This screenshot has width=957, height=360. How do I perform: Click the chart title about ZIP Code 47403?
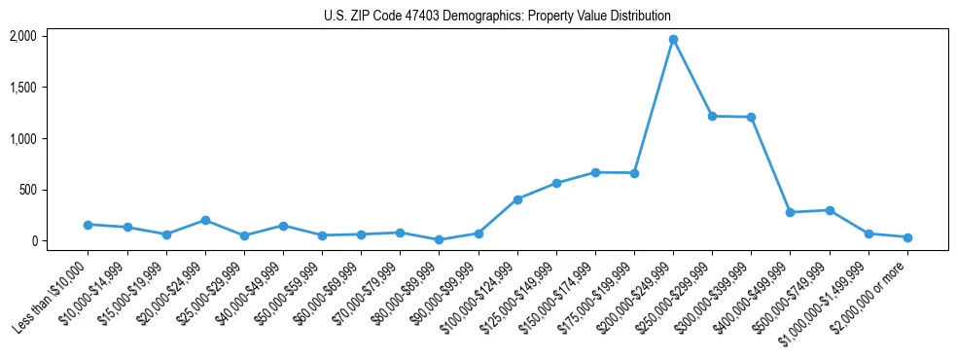(497, 17)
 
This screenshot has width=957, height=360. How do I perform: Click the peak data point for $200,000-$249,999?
(673, 40)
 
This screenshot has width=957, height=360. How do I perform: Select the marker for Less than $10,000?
(88, 225)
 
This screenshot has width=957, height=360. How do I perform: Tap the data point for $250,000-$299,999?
(712, 116)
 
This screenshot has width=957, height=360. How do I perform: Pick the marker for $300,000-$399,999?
(751, 117)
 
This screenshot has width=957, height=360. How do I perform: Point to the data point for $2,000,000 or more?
(907, 237)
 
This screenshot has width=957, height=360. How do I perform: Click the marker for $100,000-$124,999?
(517, 199)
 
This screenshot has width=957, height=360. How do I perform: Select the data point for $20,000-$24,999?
(205, 220)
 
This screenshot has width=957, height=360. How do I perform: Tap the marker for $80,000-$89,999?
(439, 239)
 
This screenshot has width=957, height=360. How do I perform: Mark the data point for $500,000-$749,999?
(830, 210)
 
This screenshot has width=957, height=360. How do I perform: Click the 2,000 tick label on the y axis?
(22, 36)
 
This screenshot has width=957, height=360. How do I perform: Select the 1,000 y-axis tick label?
(22, 138)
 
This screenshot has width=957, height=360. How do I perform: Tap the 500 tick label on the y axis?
(28, 190)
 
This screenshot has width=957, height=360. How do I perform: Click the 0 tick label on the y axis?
(34, 241)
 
